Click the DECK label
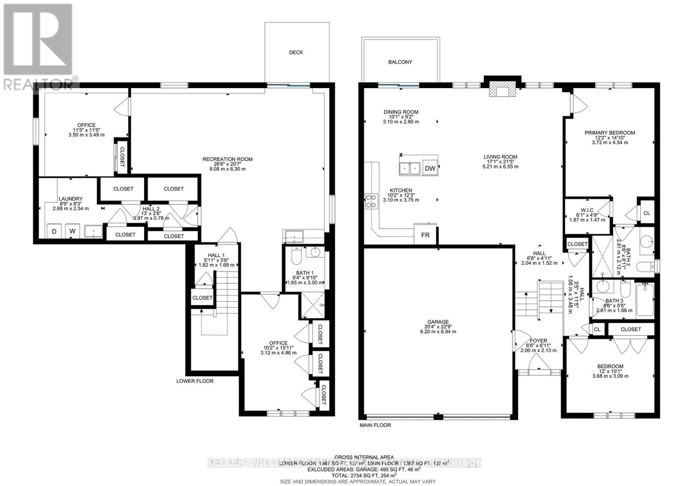tap(296, 52)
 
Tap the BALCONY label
tap(400, 62)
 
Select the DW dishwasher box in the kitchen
tap(430, 168)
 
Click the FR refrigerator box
tap(425, 235)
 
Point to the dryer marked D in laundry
tap(54, 231)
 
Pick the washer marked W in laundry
tap(73, 231)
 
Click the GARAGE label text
tap(438, 322)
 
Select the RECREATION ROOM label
tap(227, 159)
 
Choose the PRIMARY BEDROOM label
tap(609, 133)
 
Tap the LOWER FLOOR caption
tap(195, 381)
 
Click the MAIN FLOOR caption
tap(375, 425)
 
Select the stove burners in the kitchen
tap(370, 201)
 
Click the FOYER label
tap(538, 341)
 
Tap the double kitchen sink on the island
tap(409, 168)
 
